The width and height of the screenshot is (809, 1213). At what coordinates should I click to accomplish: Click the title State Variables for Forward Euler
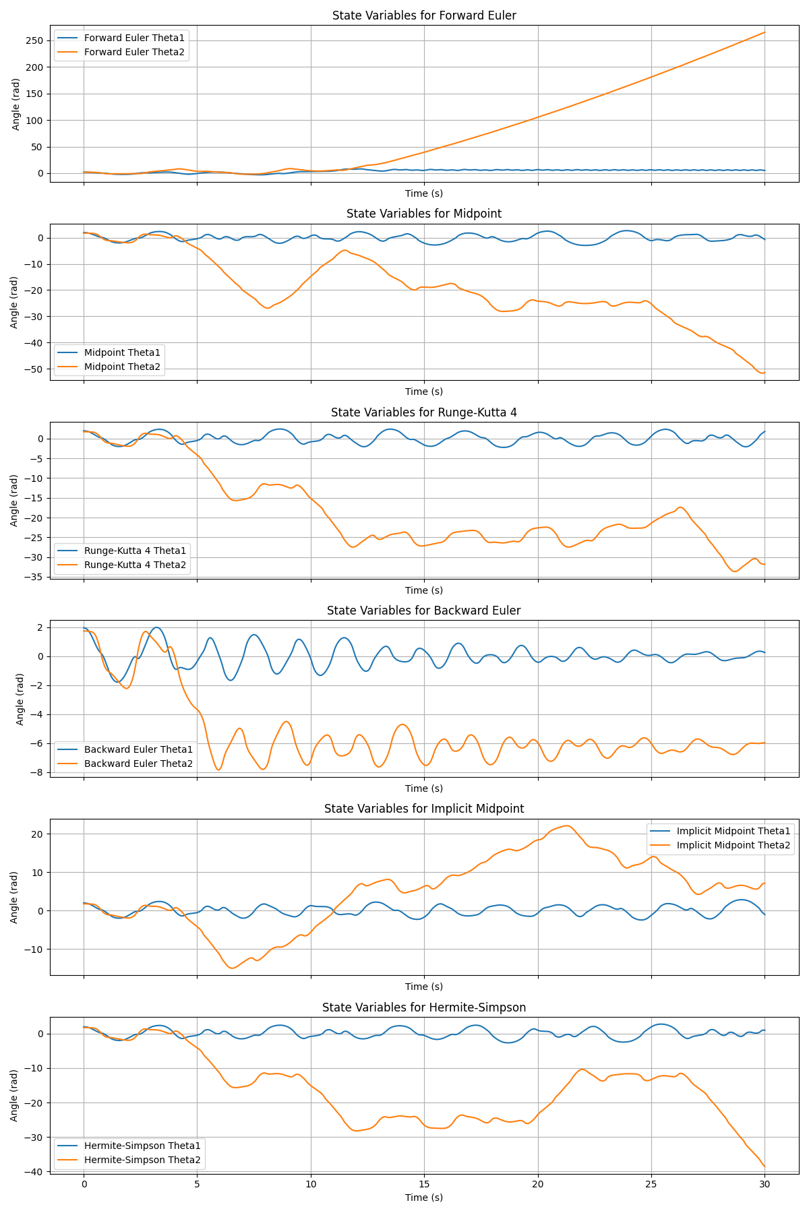(x=424, y=15)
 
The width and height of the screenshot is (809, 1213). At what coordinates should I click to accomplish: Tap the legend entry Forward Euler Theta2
(x=134, y=53)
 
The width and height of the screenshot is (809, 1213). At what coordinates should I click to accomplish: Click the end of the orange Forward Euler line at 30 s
(x=765, y=32)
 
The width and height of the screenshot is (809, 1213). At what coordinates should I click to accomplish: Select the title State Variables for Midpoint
(x=424, y=214)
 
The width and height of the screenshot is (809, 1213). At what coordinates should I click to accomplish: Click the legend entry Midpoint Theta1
(x=122, y=352)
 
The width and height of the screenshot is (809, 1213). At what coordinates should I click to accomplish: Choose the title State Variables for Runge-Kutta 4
(x=424, y=412)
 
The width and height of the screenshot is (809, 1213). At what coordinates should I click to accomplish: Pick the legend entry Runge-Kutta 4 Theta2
(x=135, y=565)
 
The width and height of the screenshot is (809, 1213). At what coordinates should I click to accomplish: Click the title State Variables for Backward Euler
(x=424, y=611)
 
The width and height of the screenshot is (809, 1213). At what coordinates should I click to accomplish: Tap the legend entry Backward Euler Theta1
(x=138, y=749)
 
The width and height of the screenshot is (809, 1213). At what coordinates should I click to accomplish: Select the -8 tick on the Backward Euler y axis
(x=38, y=772)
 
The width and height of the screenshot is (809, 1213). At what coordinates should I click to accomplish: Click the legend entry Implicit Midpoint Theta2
(x=733, y=845)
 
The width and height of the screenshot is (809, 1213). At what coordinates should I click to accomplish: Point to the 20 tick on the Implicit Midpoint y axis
(x=37, y=834)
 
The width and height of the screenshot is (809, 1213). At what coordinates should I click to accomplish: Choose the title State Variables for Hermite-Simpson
(x=424, y=1007)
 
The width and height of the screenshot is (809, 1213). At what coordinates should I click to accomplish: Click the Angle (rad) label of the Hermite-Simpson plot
(x=14, y=1095)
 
